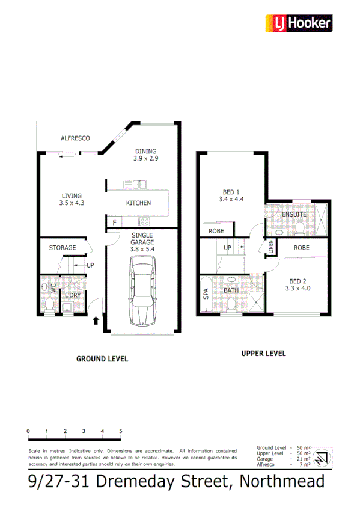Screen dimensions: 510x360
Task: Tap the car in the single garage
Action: click(143, 289)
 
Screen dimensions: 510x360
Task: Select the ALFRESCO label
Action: click(75, 138)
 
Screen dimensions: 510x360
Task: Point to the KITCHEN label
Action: click(138, 203)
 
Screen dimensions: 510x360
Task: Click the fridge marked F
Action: click(114, 223)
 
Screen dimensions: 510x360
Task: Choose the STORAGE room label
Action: click(63, 248)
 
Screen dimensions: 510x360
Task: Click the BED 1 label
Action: click(231, 192)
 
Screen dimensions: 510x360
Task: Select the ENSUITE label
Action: click(294, 214)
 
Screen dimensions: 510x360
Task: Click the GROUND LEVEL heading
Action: click(102, 358)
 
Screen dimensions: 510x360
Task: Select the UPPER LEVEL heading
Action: click(263, 353)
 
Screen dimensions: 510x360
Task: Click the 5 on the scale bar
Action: click(121, 431)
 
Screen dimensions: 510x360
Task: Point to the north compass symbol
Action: click(322, 458)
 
